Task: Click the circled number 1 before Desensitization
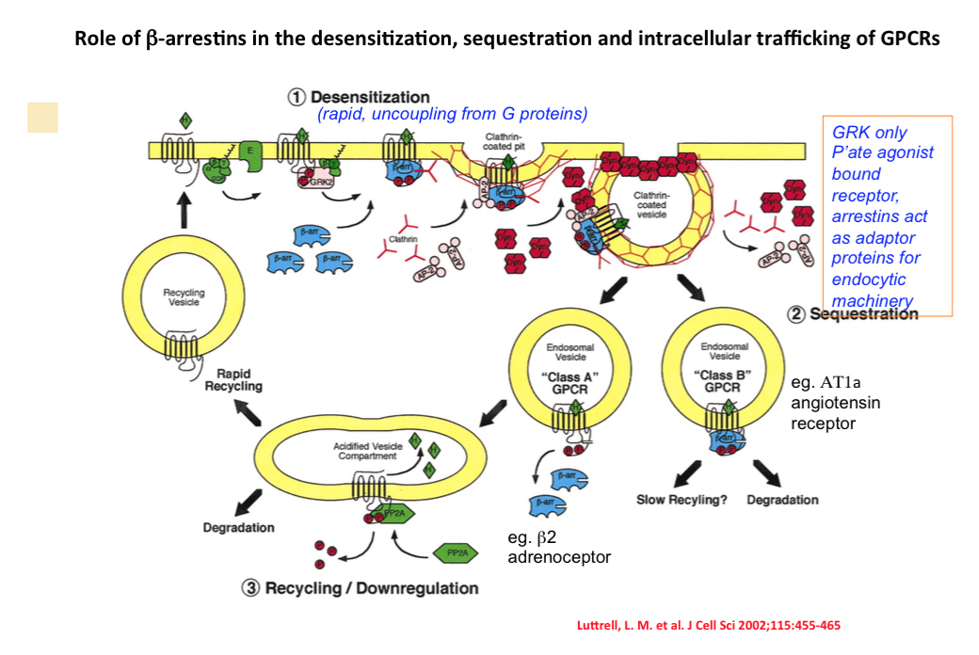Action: [297, 97]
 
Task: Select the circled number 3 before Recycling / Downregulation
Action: [251, 588]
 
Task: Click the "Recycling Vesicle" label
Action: [184, 297]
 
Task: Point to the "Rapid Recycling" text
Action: [233, 379]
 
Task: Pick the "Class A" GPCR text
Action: [571, 381]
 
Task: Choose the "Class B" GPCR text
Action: [724, 381]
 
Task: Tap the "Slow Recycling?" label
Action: [682, 500]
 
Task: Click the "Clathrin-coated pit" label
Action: [507, 141]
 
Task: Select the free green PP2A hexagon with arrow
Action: [456, 552]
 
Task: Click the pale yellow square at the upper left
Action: [42, 117]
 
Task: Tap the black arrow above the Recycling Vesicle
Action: [185, 208]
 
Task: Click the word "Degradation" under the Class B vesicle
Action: [782, 500]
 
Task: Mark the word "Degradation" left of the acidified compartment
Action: [239, 528]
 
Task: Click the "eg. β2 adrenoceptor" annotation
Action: [558, 548]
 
